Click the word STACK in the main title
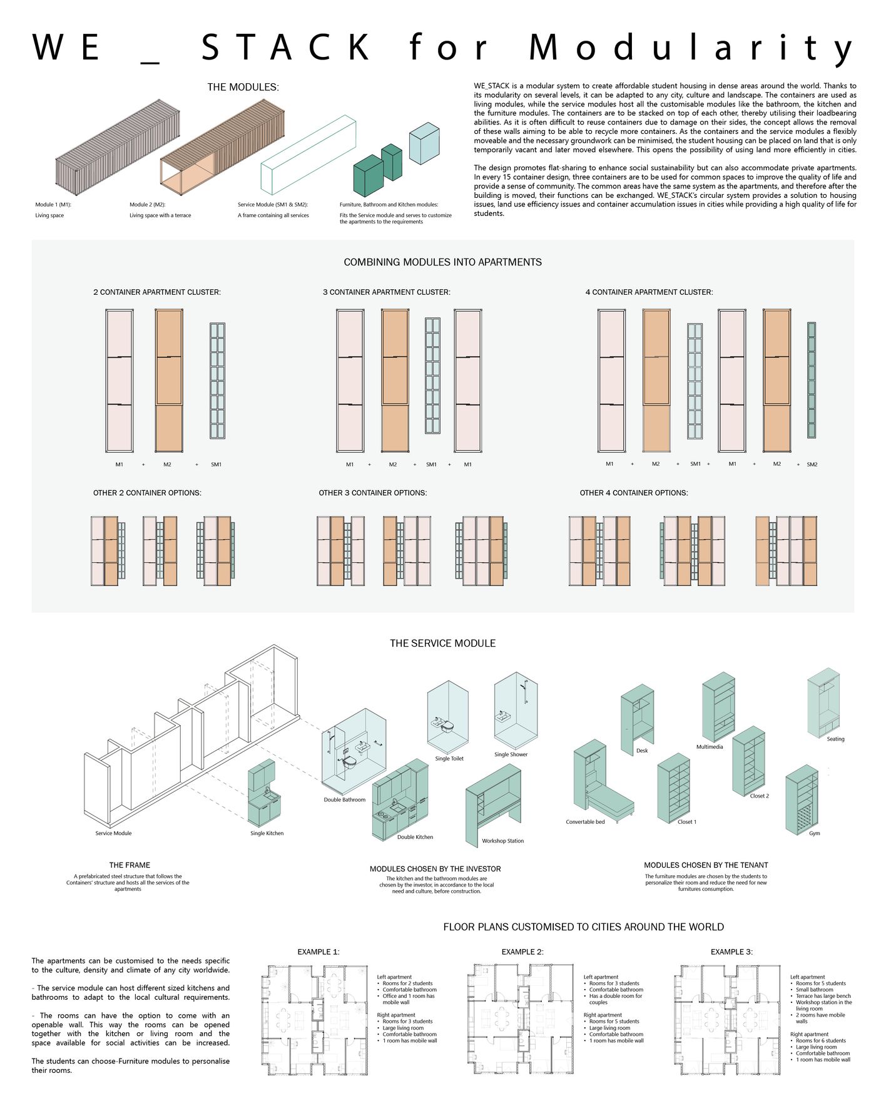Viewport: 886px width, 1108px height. [286, 48]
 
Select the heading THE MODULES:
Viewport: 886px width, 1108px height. [243, 87]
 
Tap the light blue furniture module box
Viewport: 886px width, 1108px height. [424, 143]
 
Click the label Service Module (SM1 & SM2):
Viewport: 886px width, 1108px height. [272, 205]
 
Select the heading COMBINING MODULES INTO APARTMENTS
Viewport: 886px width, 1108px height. [442, 262]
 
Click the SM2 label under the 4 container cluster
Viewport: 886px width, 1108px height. [812, 464]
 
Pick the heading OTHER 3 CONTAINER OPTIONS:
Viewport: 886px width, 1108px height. [372, 493]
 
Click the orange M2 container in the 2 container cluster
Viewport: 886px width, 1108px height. [169, 380]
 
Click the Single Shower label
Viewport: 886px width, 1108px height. [511, 754]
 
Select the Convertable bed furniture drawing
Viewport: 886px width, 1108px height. [600, 782]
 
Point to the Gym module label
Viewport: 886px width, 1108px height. [814, 833]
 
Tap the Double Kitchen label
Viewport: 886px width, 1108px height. [415, 837]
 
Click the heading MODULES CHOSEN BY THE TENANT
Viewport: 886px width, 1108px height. [706, 865]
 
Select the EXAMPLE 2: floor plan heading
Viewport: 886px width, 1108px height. [522, 952]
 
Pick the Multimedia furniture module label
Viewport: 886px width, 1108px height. [710, 747]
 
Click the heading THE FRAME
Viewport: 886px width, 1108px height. [130, 865]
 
